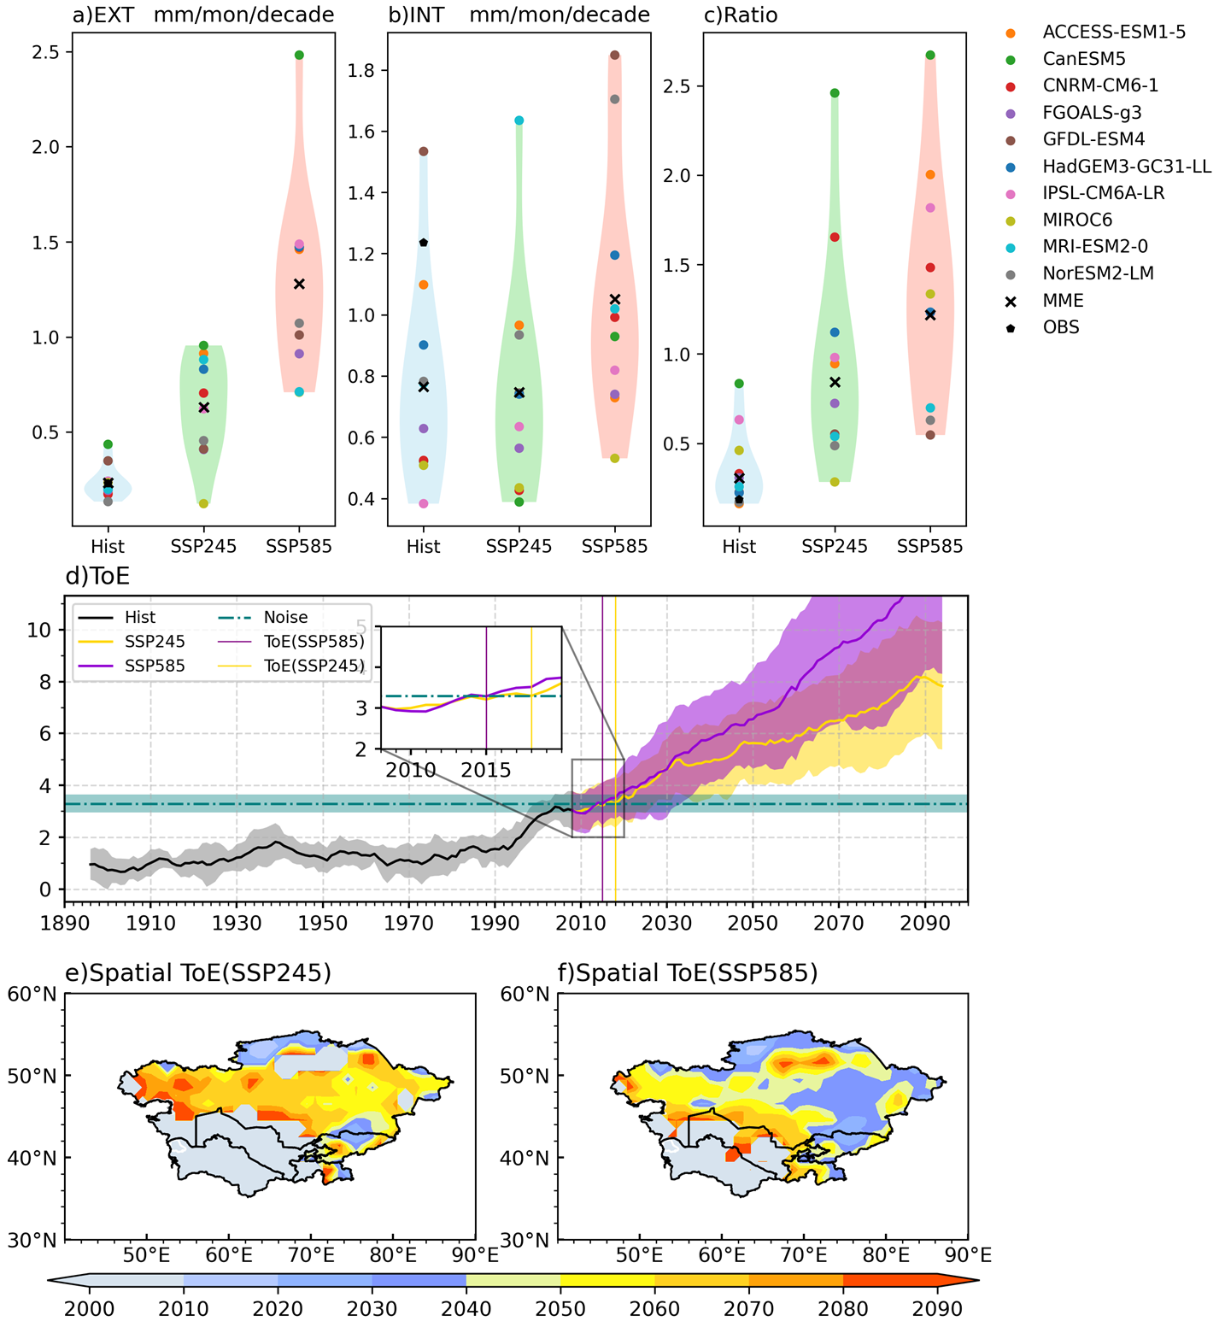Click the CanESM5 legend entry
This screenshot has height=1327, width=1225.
point(1083,59)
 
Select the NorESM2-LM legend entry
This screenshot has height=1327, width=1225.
point(1098,273)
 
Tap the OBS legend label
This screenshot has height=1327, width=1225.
point(1061,327)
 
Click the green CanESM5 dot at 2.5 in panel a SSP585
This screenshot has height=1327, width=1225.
point(299,55)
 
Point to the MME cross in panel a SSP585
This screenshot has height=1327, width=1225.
point(299,284)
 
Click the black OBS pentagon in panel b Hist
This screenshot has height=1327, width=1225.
point(424,243)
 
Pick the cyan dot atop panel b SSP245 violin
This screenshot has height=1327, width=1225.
point(519,120)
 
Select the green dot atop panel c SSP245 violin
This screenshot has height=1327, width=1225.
point(835,93)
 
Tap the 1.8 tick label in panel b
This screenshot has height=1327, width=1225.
point(360,70)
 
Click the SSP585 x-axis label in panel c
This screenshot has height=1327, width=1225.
point(929,546)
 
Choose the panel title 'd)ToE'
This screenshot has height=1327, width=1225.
point(97,576)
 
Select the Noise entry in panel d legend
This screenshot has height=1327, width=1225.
point(285,617)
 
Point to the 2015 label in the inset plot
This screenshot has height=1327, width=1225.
point(485,770)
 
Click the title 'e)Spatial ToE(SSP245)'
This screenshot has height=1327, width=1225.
point(198,972)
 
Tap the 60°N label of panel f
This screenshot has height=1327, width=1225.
point(525,994)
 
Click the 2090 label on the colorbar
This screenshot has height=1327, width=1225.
point(938,1309)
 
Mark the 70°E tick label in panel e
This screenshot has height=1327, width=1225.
point(311,1255)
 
